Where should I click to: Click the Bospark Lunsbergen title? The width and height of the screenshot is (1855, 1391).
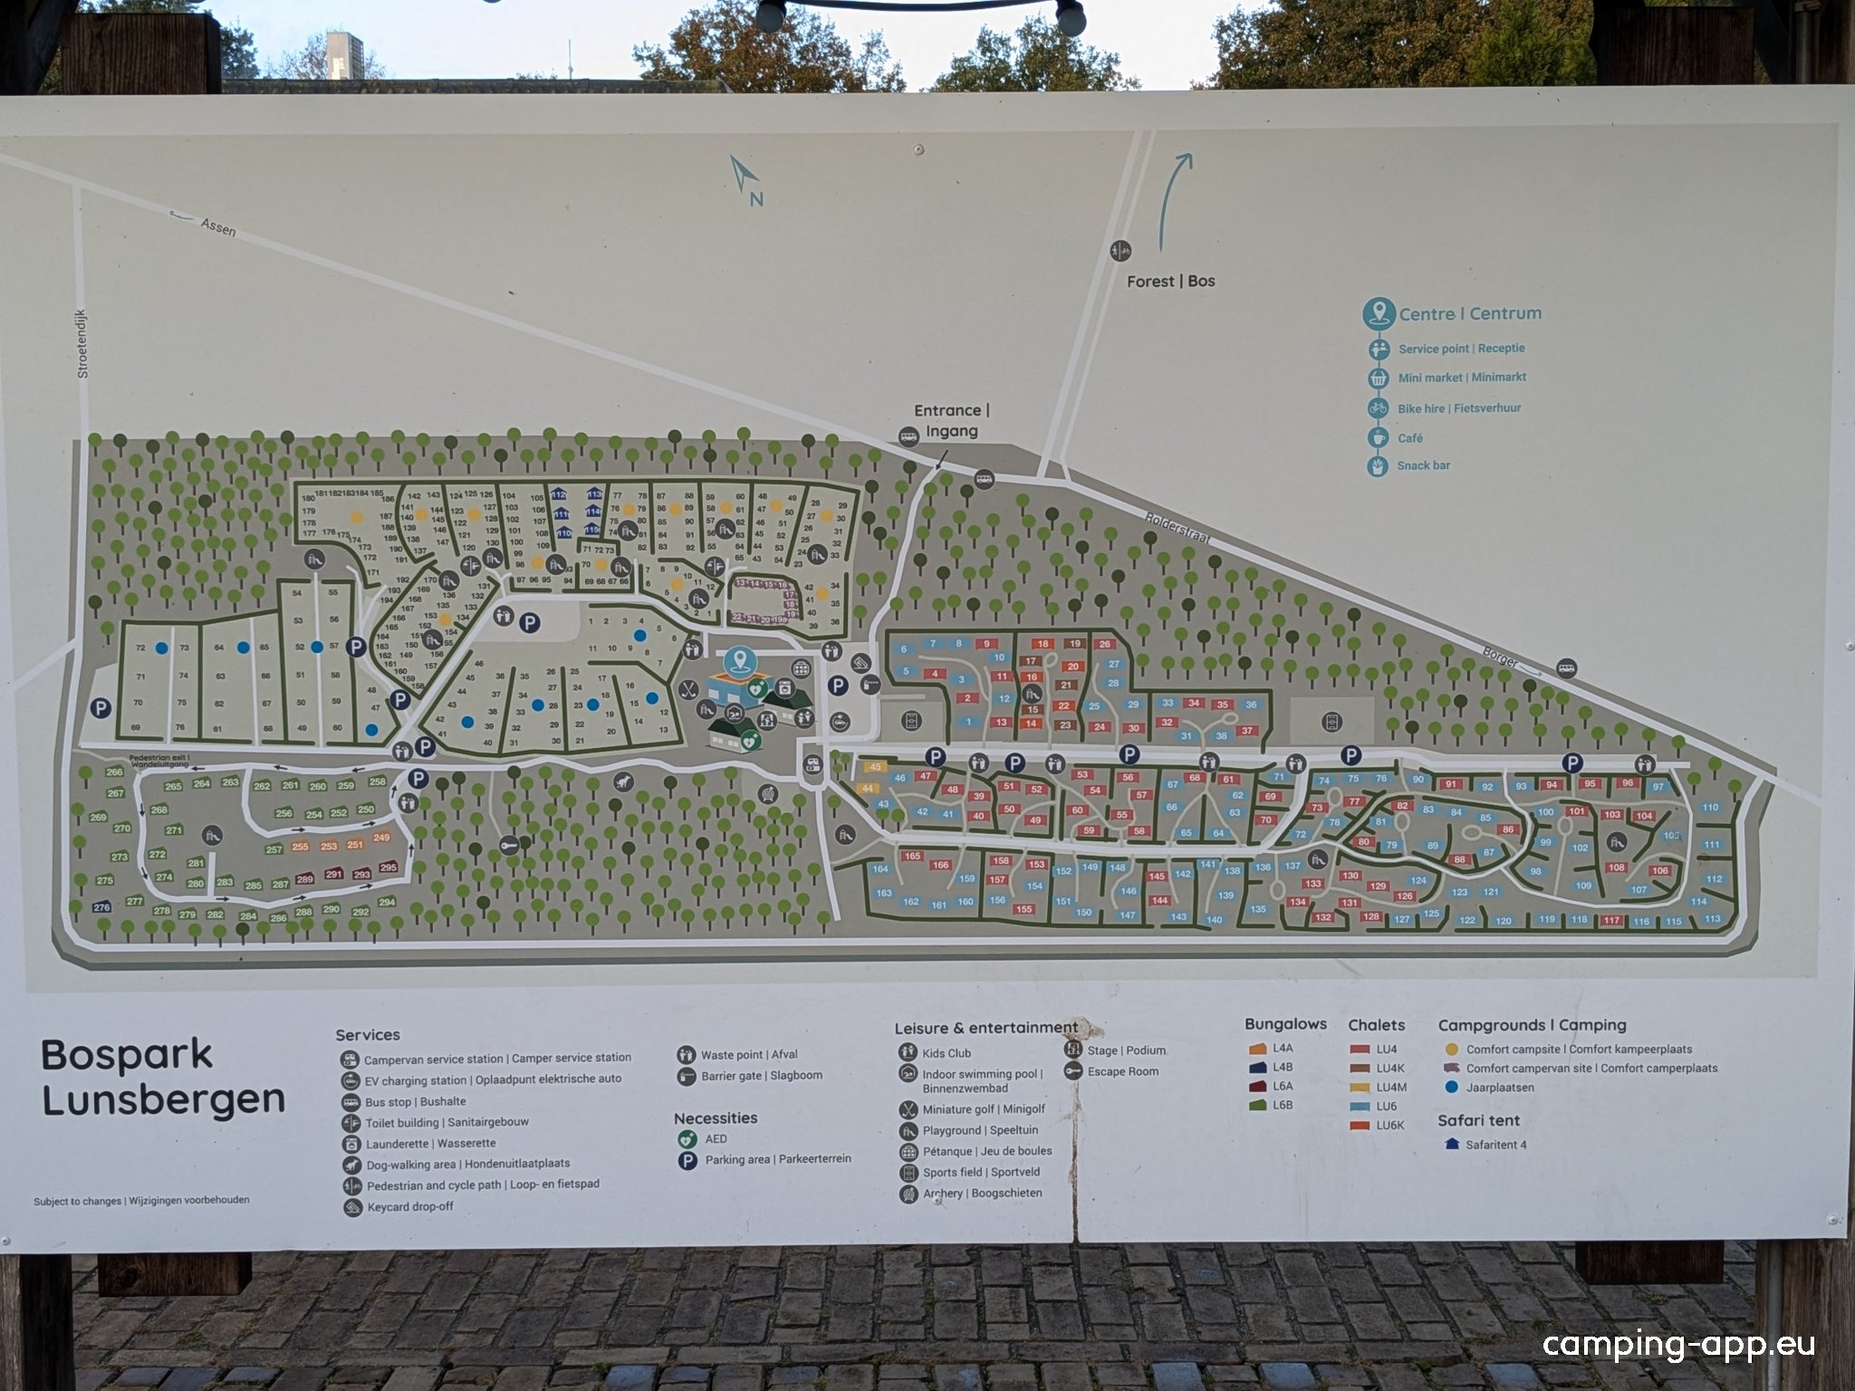click(163, 1078)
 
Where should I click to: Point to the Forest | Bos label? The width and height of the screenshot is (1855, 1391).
click(1170, 281)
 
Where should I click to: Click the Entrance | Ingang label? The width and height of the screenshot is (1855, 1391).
click(951, 421)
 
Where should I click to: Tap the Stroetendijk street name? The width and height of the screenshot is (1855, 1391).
click(83, 341)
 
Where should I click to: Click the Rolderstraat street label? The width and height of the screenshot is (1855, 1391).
click(1177, 528)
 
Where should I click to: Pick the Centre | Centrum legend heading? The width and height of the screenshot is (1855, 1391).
click(1469, 314)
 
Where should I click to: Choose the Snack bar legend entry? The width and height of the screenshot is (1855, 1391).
click(1423, 465)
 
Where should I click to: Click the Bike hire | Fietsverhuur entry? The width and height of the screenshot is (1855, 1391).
click(1458, 408)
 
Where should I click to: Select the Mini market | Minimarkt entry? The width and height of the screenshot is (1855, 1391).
click(1462, 378)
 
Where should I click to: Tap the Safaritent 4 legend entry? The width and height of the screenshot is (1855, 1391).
click(1495, 1145)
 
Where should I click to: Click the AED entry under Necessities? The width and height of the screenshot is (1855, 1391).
click(716, 1139)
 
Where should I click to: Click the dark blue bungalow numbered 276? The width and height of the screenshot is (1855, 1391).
click(101, 907)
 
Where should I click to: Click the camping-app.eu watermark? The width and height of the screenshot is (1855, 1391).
click(1678, 1344)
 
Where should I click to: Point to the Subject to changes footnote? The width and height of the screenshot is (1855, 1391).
click(141, 1201)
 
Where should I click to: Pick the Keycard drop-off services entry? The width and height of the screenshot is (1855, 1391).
click(409, 1207)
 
